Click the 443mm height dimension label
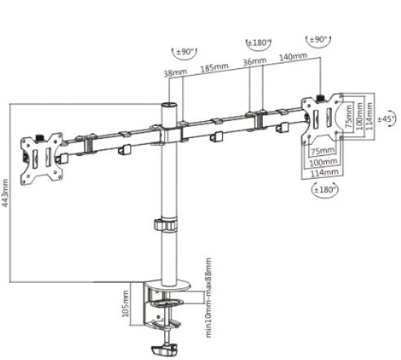(x=6, y=193)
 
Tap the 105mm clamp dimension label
(x=125, y=303)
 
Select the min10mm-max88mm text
(x=208, y=297)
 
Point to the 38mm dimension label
(x=176, y=72)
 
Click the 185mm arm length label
(x=214, y=67)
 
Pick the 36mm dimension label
(x=255, y=61)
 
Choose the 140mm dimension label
(x=293, y=56)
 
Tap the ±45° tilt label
(x=386, y=119)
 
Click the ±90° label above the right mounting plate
(x=318, y=40)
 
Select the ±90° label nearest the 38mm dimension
(x=185, y=51)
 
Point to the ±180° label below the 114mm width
(x=325, y=189)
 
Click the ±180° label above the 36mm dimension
(x=259, y=43)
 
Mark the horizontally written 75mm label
(x=322, y=151)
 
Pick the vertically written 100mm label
(x=360, y=115)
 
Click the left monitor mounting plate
(x=41, y=158)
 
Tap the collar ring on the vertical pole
(x=166, y=225)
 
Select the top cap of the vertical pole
(x=168, y=105)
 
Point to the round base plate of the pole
(x=168, y=286)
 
